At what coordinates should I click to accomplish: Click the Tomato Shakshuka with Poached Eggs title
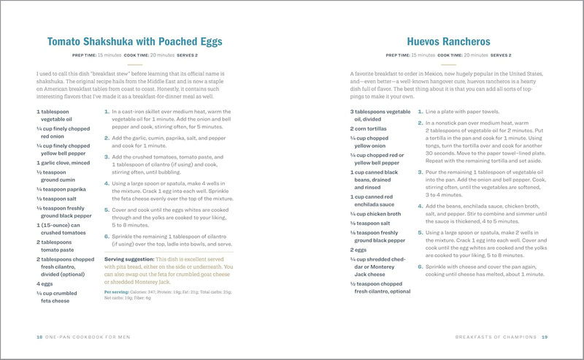pyautogui.click(x=135, y=42)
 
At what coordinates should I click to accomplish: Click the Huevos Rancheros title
pyautogui.click(x=448, y=42)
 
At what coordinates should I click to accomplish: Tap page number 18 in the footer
pyautogui.click(x=39, y=337)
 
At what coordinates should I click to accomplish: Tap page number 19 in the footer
pyautogui.click(x=544, y=337)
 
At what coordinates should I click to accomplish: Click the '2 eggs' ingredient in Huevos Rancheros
pyautogui.click(x=357, y=249)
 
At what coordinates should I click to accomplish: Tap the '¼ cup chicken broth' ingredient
pyautogui.click(x=374, y=214)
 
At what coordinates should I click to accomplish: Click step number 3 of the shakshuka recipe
pyautogui.click(x=107, y=156)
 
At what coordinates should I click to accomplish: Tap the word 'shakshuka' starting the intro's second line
pyautogui.click(x=55, y=82)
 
